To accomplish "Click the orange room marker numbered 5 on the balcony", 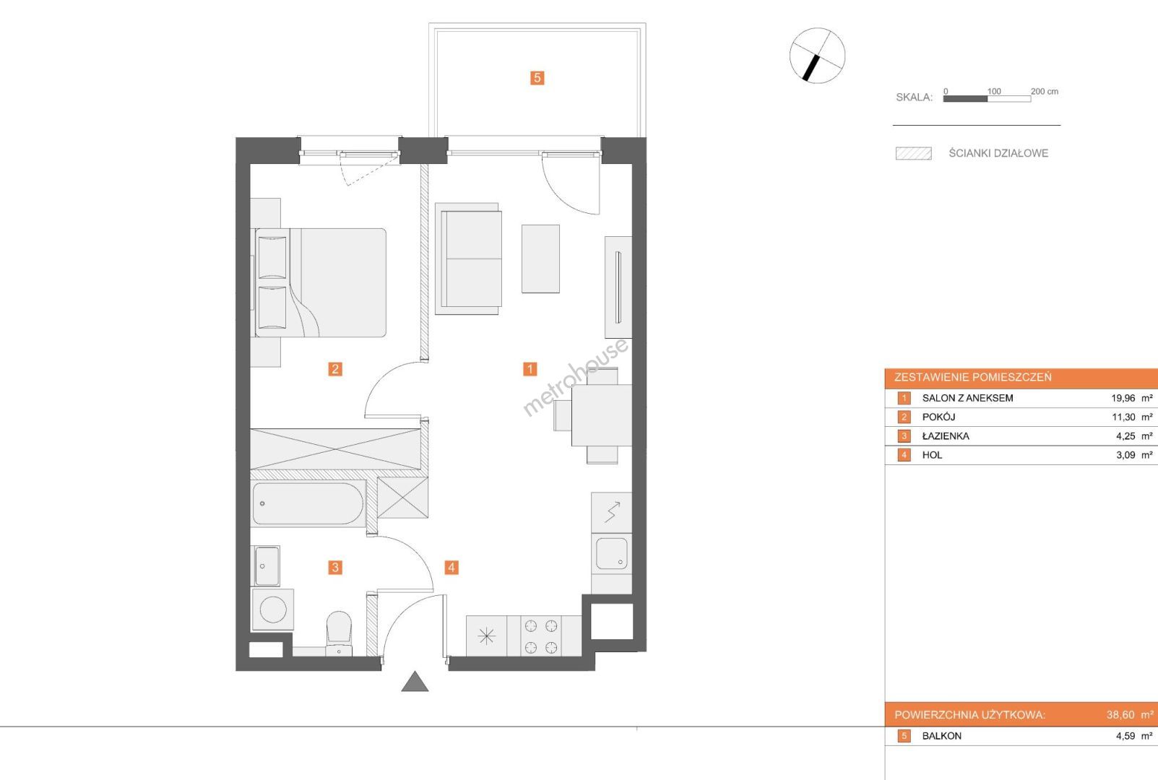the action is click(x=537, y=78).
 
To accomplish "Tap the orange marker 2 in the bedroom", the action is click(x=335, y=369).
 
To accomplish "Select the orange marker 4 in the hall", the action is click(x=451, y=568).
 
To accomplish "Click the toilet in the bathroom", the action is click(x=339, y=633).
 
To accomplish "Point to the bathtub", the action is click(x=308, y=503).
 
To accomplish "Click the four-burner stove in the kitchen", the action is click(x=541, y=636).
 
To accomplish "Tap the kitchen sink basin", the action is click(x=612, y=554).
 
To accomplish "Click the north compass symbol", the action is click(x=817, y=56).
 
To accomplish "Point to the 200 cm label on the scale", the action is click(x=1045, y=92).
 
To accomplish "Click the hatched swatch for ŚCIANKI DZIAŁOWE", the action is click(x=914, y=154).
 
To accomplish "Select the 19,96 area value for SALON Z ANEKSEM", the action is click(x=1123, y=398).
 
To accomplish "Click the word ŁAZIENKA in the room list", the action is click(x=946, y=436).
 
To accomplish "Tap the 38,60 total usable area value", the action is click(x=1120, y=715).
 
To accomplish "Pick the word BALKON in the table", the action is click(x=942, y=736).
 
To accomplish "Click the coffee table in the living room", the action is click(x=540, y=259).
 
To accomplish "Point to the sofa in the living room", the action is click(x=468, y=259).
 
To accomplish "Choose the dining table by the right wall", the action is click(x=601, y=415).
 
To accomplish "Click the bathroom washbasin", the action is click(x=267, y=566).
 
